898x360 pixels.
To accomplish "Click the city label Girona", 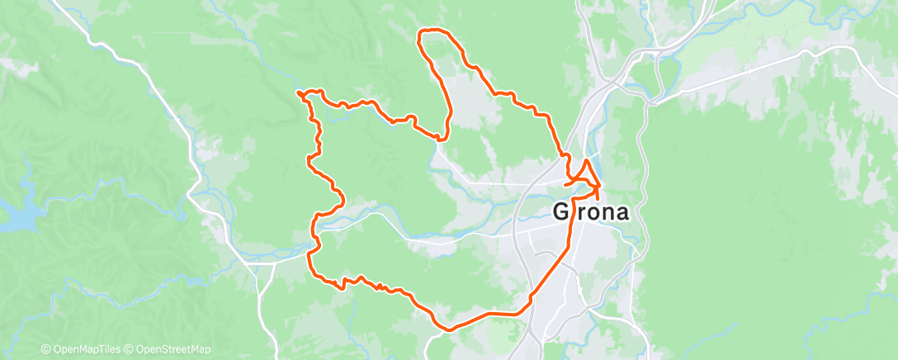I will pos(590,212).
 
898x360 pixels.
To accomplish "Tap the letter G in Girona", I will pos(561,212).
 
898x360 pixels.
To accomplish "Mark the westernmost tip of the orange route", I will pos(296,92).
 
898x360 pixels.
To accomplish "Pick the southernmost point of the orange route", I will pos(450,329).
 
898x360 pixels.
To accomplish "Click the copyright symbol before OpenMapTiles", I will pos(47,349).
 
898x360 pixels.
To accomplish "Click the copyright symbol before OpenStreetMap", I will pos(130,349).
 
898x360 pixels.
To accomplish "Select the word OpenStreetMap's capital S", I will pos(165,349).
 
